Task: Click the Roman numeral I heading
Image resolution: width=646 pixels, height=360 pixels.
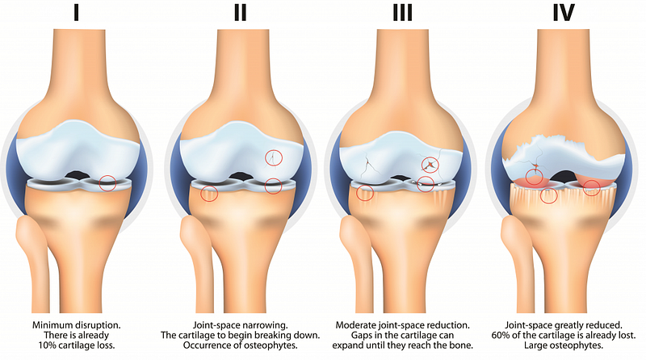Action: [76, 12]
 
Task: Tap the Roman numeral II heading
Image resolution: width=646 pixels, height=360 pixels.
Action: [240, 12]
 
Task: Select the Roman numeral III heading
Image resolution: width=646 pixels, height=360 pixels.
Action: [402, 12]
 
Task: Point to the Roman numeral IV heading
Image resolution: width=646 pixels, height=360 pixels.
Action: [563, 12]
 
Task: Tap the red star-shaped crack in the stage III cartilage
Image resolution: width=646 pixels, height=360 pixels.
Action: [430, 165]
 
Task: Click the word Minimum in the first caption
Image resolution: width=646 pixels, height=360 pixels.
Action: [51, 325]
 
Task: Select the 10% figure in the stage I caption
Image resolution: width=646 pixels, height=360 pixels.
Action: [47, 345]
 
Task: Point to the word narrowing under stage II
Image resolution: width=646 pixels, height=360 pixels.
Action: [269, 325]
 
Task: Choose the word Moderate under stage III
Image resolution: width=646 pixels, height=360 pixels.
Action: [354, 325]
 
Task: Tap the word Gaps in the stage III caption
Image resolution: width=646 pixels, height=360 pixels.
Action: [362, 335]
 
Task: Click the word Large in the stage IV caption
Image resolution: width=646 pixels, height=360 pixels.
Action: [535, 345]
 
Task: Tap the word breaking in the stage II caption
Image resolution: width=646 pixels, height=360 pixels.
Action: [270, 335]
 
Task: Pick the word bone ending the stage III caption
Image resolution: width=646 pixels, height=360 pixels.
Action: [462, 345]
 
